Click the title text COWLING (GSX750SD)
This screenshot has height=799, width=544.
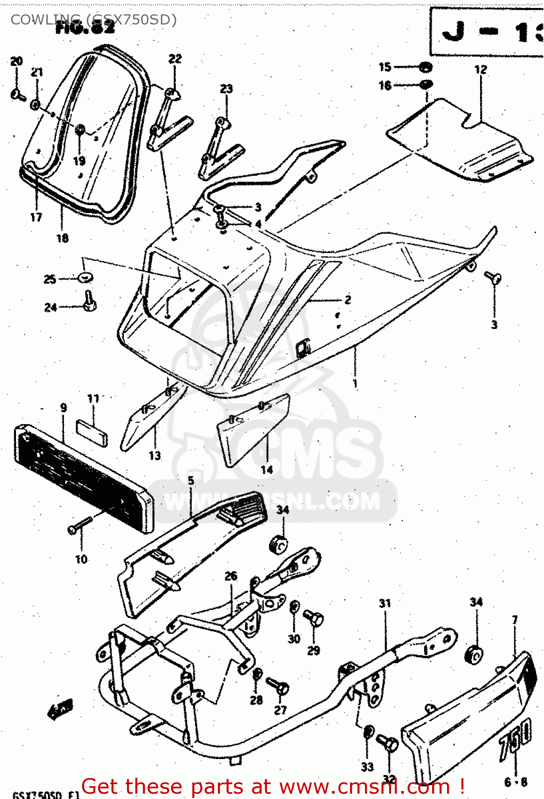(93, 20)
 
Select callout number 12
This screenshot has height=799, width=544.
(481, 69)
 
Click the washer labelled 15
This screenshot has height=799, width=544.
(425, 68)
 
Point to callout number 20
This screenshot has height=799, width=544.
(17, 61)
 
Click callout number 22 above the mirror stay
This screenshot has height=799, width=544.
(175, 59)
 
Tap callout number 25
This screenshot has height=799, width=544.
(50, 279)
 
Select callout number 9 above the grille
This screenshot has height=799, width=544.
(63, 408)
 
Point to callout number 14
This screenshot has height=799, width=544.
(266, 469)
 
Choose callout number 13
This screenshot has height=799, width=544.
(155, 455)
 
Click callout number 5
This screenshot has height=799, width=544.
(191, 480)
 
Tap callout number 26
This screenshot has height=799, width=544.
(231, 576)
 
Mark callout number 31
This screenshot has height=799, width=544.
(385, 603)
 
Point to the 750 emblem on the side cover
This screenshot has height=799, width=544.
(515, 738)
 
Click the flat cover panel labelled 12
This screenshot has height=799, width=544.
(458, 141)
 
